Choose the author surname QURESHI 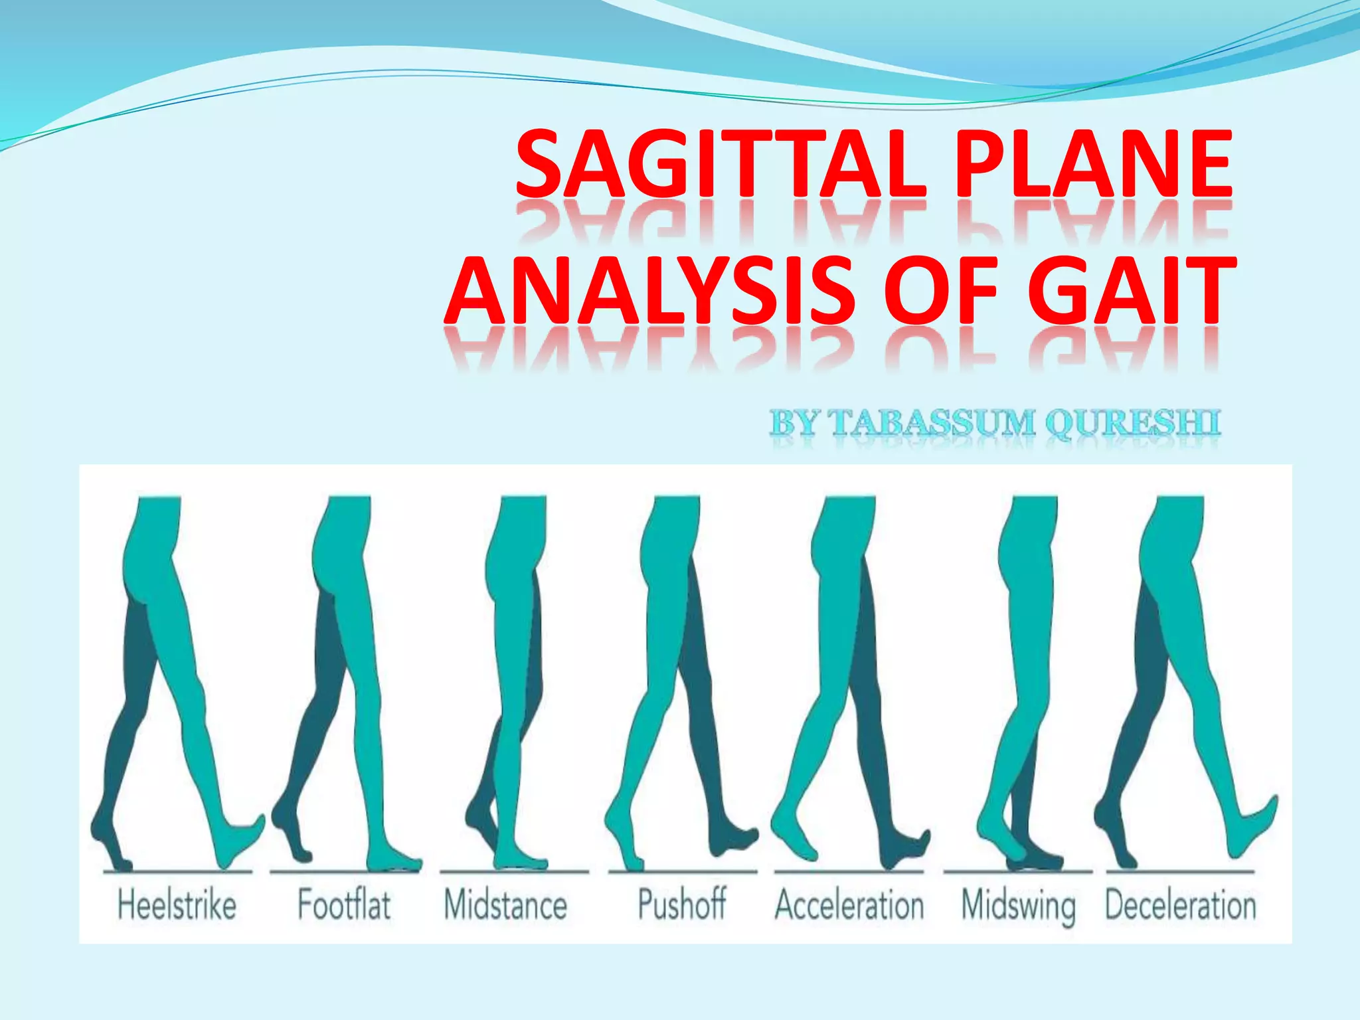pyautogui.click(x=1132, y=422)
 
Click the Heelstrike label pyautogui.click(x=177, y=904)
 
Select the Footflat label pyautogui.click(x=343, y=904)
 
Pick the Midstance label pyautogui.click(x=505, y=904)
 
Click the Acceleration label pyautogui.click(x=849, y=904)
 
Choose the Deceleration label pyautogui.click(x=1181, y=904)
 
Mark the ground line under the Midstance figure pyautogui.click(x=514, y=871)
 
